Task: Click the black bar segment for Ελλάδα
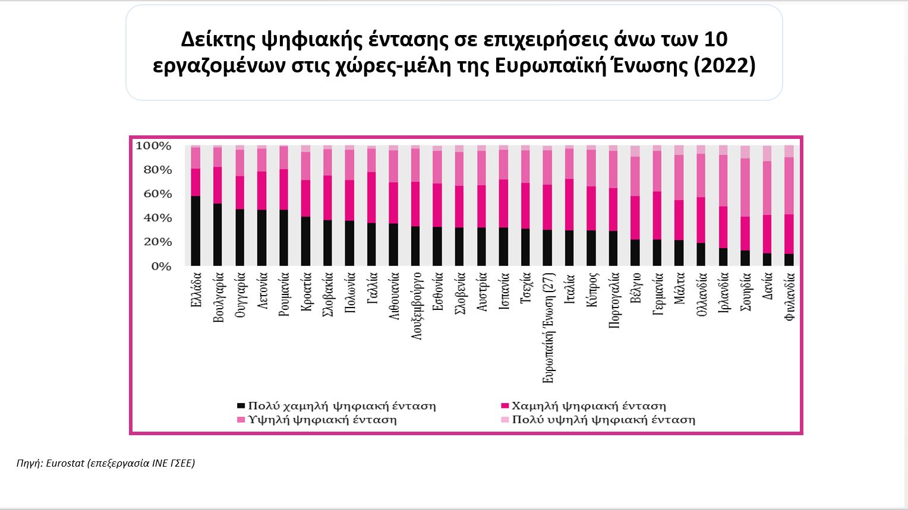pos(196,230)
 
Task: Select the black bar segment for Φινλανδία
pos(789,259)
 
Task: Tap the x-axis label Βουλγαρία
pos(218,297)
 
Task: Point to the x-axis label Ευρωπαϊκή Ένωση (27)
pos(548,327)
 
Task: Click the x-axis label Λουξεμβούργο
pos(417,306)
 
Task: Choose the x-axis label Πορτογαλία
pos(614,300)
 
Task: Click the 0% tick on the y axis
pos(160,267)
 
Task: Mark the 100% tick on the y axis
pos(153,146)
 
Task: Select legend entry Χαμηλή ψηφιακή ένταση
pos(588,406)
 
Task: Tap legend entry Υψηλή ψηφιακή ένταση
pos(322,420)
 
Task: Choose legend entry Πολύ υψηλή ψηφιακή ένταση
pos(603,420)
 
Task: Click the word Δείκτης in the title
pos(218,39)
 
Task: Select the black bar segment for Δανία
pos(767,259)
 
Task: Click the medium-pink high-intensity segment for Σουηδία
pos(745,187)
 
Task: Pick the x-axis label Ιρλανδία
pos(723,293)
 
